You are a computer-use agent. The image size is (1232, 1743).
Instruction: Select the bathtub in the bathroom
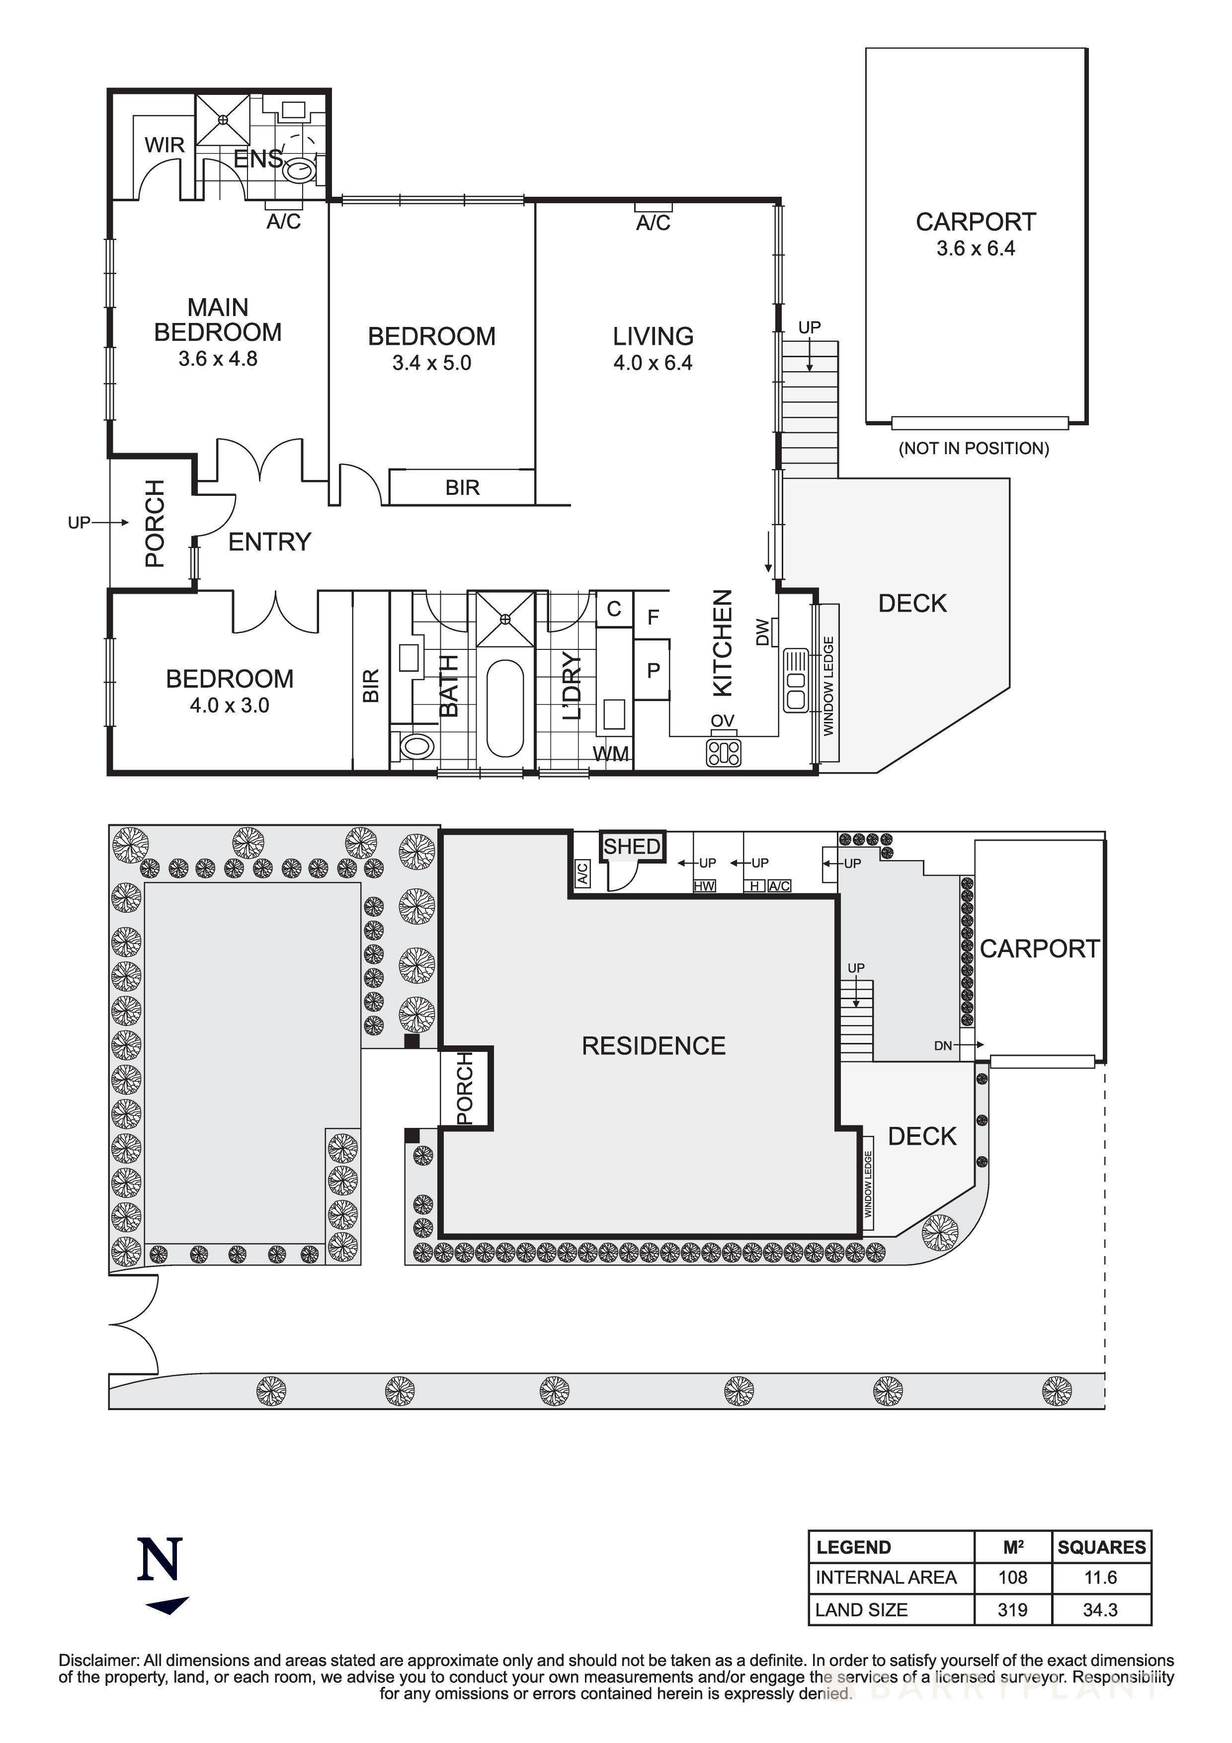click(x=504, y=709)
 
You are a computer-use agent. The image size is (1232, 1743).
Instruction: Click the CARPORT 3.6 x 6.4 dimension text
click(x=976, y=249)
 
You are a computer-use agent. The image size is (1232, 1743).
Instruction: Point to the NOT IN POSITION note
click(x=974, y=449)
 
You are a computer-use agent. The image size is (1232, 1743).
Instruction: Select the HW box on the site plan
click(x=704, y=886)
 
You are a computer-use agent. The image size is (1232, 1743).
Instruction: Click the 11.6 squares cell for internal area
click(x=1101, y=1578)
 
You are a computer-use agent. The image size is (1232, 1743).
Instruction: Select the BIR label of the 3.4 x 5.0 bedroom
click(x=462, y=487)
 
